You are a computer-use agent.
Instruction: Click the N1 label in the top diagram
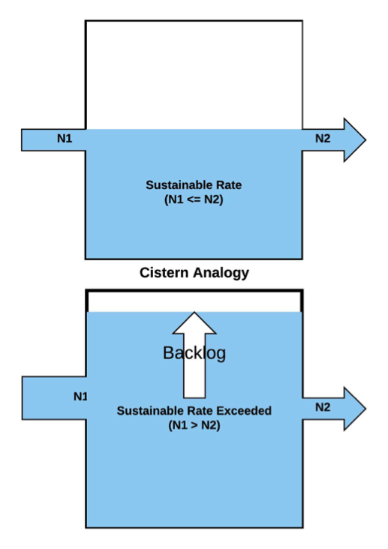click(x=65, y=138)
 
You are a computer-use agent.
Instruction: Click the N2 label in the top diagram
click(x=323, y=138)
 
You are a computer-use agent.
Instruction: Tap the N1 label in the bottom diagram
click(x=80, y=396)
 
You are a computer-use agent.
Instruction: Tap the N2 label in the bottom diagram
click(x=323, y=406)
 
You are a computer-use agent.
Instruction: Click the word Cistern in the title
click(x=164, y=272)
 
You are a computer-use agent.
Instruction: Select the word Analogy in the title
click(x=221, y=273)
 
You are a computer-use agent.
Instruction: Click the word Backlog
click(x=194, y=353)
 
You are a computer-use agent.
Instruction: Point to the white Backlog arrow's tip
click(x=194, y=312)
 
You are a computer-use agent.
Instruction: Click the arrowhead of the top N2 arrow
click(x=355, y=139)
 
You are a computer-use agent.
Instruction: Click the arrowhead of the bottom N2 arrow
click(x=355, y=409)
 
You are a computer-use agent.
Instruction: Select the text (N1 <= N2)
click(x=194, y=199)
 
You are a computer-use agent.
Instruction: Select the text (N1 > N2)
click(x=194, y=425)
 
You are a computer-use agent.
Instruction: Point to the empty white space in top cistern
click(x=194, y=75)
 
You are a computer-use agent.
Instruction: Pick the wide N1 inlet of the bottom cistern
click(x=54, y=397)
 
